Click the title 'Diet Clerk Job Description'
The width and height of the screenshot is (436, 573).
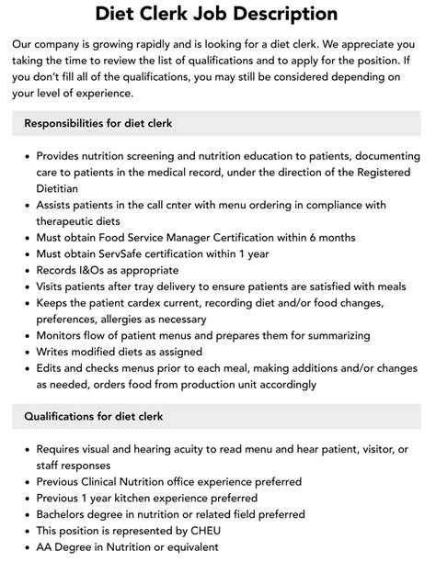click(x=217, y=14)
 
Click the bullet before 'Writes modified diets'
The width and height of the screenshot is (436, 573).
click(x=24, y=351)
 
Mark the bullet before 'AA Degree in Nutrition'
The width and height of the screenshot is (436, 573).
click(x=24, y=546)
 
